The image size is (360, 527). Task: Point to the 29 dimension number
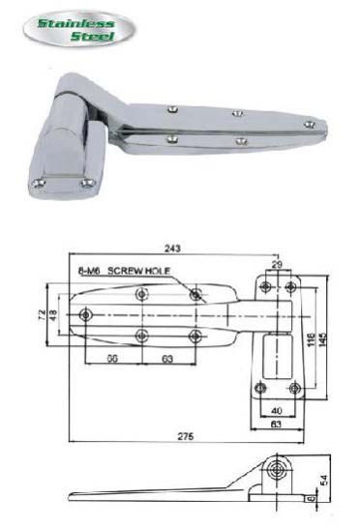pos(278,264)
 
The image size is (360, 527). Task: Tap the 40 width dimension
pos(275,410)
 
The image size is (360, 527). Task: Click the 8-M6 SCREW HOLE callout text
pos(118,269)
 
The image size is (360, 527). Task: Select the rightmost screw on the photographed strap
pos(308,123)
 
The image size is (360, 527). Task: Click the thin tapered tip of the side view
pos(77,498)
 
